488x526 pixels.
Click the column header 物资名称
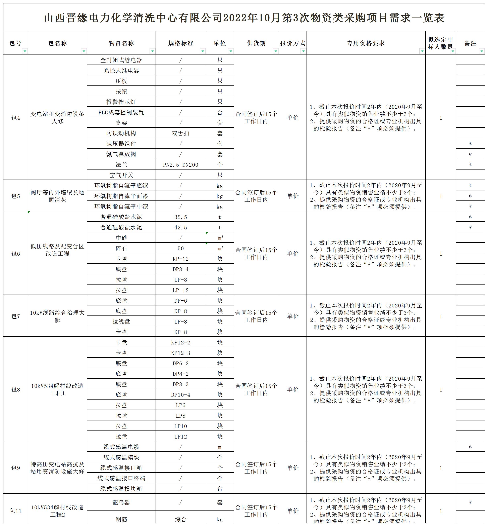coord(121,43)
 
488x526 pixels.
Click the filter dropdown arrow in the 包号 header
coord(24,51)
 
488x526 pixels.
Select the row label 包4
coord(16,118)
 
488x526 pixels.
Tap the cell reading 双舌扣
coord(181,133)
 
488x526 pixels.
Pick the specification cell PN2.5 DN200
coord(181,165)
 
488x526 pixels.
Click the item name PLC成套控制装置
coord(121,112)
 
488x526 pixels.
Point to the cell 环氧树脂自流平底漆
coord(121,186)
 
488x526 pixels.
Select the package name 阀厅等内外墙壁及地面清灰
coord(57,196)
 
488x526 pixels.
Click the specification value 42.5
coord(181,227)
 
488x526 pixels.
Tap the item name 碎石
coord(121,248)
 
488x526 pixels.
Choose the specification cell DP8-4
coord(181,269)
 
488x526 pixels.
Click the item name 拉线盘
coord(121,322)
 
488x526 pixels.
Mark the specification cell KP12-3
coord(181,353)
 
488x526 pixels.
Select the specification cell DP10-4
coord(181,395)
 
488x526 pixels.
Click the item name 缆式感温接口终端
coord(121,478)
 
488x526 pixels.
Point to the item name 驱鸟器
coord(121,502)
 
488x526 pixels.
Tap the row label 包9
coord(16,468)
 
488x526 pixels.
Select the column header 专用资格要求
coord(366,43)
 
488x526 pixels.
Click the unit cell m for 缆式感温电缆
coord(220,447)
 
